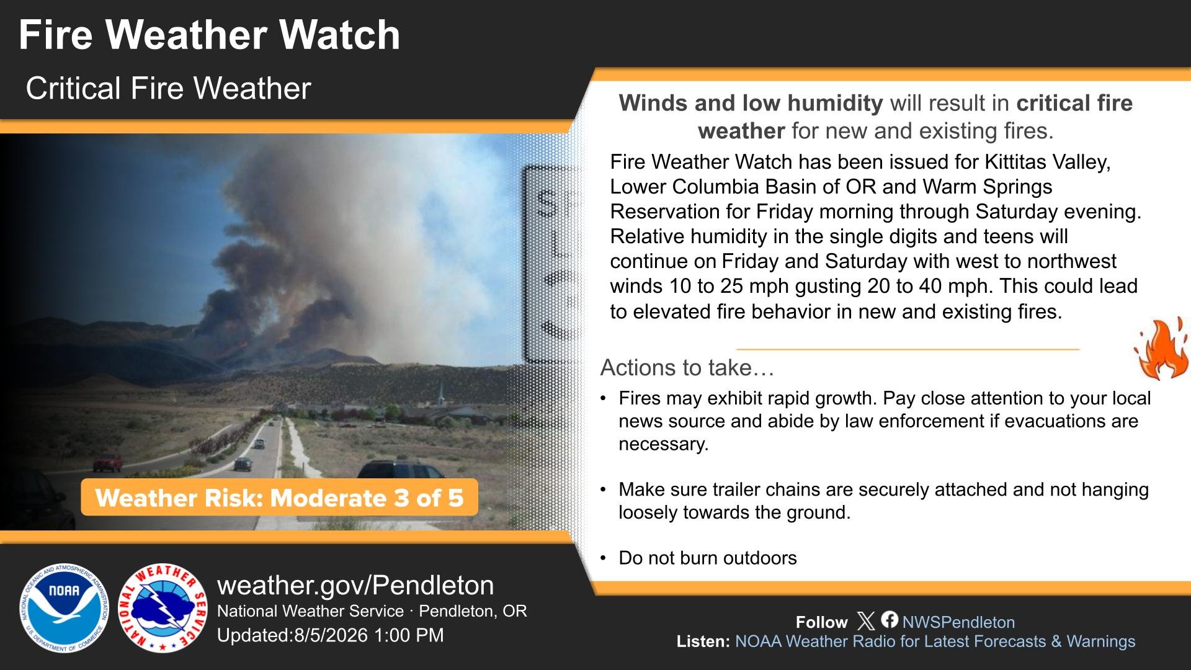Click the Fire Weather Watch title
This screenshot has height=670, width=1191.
(x=209, y=35)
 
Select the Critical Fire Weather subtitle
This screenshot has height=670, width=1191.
(x=168, y=88)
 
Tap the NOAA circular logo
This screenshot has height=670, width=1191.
(x=64, y=608)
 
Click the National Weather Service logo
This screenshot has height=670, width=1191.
(x=163, y=608)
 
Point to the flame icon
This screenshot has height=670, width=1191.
(x=1162, y=349)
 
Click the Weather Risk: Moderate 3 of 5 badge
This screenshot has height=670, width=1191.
(x=279, y=498)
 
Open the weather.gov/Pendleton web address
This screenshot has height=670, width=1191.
(x=355, y=585)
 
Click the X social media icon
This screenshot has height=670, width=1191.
(x=866, y=621)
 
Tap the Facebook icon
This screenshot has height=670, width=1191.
(x=890, y=620)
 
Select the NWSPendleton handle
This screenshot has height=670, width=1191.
(x=958, y=622)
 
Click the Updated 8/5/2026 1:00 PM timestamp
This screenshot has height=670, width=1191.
(x=331, y=635)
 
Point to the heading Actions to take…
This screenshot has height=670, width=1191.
(x=687, y=368)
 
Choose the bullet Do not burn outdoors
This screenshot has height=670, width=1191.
(x=707, y=558)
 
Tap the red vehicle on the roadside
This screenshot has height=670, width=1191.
(x=108, y=462)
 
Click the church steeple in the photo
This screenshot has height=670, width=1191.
(x=440, y=394)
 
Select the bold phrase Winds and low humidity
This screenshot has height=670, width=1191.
(x=751, y=103)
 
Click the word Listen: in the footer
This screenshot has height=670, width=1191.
(x=703, y=641)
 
